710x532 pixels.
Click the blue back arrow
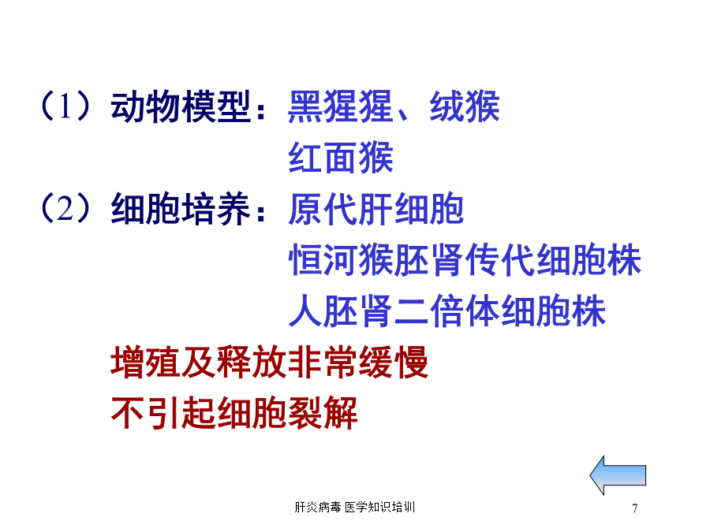click(618, 475)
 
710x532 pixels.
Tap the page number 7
click(635, 508)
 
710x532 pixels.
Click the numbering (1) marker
click(65, 106)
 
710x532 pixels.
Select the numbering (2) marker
click(65, 208)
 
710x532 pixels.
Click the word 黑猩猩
click(341, 106)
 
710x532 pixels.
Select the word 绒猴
click(465, 106)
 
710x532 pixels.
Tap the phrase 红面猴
click(341, 158)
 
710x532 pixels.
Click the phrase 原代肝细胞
click(376, 209)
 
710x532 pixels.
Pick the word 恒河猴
click(341, 259)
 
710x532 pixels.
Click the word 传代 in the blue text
click(500, 259)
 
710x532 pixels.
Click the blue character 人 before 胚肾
click(305, 311)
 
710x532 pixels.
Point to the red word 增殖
click(146, 362)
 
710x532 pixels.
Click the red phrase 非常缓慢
click(358, 362)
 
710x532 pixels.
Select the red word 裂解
click(323, 412)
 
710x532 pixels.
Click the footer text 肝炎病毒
click(318, 507)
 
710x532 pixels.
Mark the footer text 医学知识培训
click(379, 507)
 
